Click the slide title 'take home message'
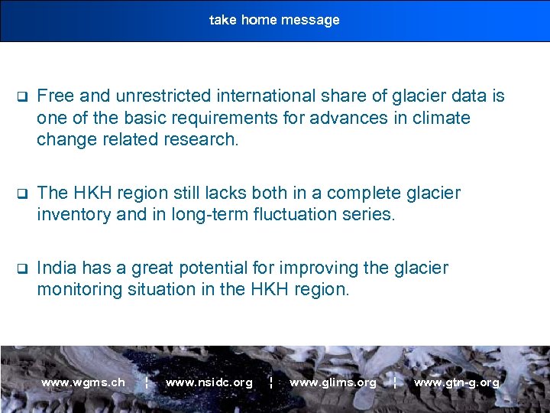(x=274, y=20)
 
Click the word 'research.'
(x=206, y=140)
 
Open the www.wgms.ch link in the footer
(x=83, y=382)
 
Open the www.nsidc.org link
(x=209, y=382)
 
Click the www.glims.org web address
(x=332, y=382)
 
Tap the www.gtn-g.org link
(x=456, y=382)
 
